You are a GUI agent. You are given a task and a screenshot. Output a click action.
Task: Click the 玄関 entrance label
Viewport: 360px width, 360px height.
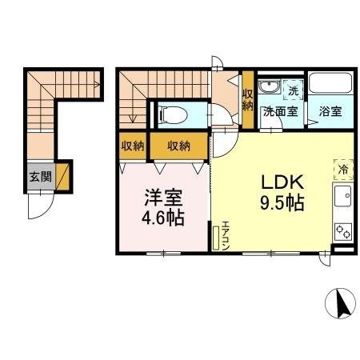(x=41, y=177)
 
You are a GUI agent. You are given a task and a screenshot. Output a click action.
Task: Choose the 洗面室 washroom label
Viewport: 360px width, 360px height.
(x=282, y=111)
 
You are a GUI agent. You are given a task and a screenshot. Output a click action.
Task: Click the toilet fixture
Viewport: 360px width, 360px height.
(x=171, y=114)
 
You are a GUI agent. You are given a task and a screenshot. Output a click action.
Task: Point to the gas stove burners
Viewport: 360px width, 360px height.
(x=343, y=230)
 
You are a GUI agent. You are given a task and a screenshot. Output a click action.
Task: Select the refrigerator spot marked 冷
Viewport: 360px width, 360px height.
(x=342, y=168)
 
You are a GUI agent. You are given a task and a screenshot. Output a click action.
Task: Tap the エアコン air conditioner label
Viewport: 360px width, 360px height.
(x=226, y=236)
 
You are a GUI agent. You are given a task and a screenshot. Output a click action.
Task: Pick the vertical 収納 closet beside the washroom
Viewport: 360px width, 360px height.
(x=247, y=98)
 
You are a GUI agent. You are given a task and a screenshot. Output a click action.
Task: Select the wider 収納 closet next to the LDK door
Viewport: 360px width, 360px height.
(x=179, y=146)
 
